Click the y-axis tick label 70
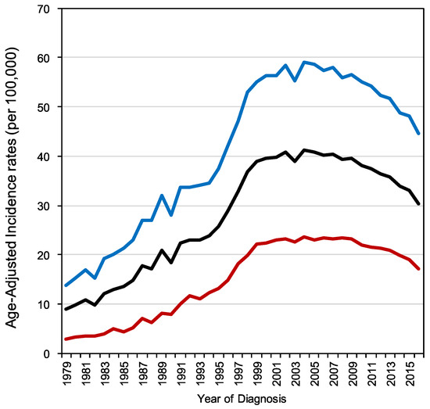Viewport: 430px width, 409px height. click(44, 9)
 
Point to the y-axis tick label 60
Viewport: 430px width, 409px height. click(44, 58)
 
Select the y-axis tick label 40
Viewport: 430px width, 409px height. click(44, 156)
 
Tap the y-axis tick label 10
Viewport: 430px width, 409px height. click(44, 304)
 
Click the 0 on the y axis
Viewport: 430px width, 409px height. click(47, 353)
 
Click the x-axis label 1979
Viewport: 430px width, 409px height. click(66, 374)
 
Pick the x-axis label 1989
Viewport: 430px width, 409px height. click(162, 374)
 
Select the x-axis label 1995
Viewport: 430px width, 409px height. click(220, 374)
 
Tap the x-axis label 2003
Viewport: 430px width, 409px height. click(296, 374)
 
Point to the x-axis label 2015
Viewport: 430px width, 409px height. click(410, 374)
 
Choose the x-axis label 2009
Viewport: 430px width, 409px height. click(353, 374)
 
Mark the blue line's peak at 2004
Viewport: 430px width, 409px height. click(304, 63)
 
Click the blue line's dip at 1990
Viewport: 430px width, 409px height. click(171, 215)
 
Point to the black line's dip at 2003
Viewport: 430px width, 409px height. click(295, 161)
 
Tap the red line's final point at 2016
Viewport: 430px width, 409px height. click(418, 269)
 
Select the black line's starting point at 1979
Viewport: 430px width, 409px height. click(66, 309)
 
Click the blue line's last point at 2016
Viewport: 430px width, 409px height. click(418, 134)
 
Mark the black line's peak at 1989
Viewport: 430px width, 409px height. click(162, 250)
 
